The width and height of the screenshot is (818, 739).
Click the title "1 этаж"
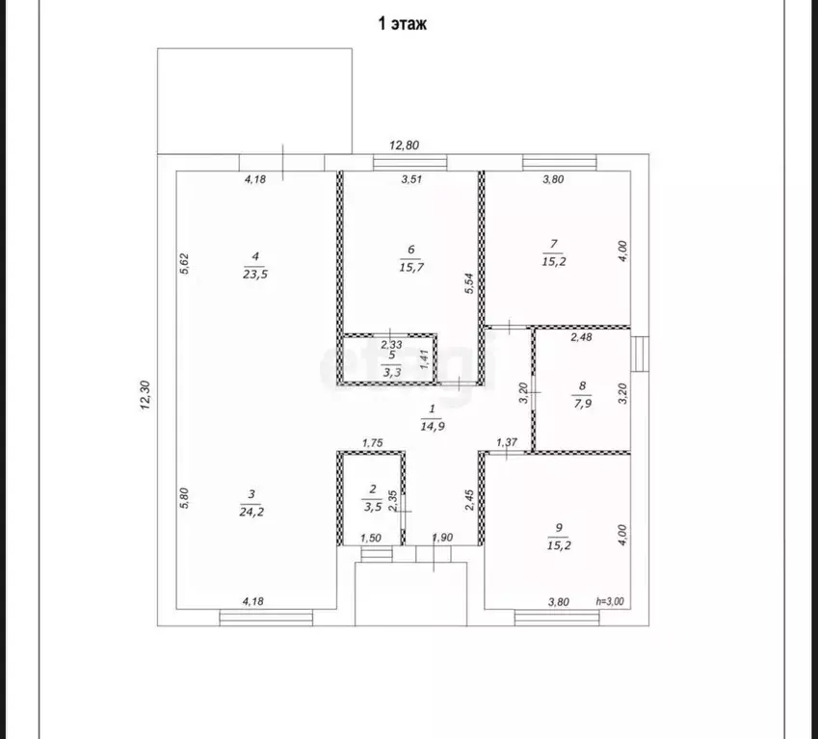click(x=402, y=24)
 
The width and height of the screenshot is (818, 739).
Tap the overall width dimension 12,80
click(x=405, y=145)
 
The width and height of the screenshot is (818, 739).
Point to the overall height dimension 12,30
click(x=145, y=395)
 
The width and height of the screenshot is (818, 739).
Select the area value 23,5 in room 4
click(x=255, y=274)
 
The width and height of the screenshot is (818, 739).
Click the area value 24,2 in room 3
click(x=251, y=512)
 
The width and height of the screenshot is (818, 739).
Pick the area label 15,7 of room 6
click(x=411, y=267)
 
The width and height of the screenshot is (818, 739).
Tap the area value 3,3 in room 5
click(x=392, y=372)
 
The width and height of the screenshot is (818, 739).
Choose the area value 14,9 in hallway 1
click(x=433, y=426)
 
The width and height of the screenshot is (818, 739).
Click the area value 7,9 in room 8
click(x=583, y=403)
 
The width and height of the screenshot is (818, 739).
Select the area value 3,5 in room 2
click(x=373, y=507)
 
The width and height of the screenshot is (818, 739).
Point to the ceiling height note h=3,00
click(x=610, y=601)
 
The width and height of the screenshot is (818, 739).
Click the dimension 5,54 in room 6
click(x=469, y=283)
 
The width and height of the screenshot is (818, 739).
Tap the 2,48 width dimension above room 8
click(x=581, y=337)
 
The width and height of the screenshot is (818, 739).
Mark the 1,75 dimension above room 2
click(x=373, y=443)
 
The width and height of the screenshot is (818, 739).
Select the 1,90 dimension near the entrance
click(x=442, y=538)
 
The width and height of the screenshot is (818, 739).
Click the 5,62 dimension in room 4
click(x=184, y=263)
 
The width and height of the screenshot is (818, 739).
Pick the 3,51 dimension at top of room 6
click(x=411, y=179)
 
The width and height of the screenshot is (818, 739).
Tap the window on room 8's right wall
click(x=640, y=355)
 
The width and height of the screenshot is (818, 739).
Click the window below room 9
click(x=557, y=618)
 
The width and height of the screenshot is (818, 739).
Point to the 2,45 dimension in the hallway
click(x=469, y=500)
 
